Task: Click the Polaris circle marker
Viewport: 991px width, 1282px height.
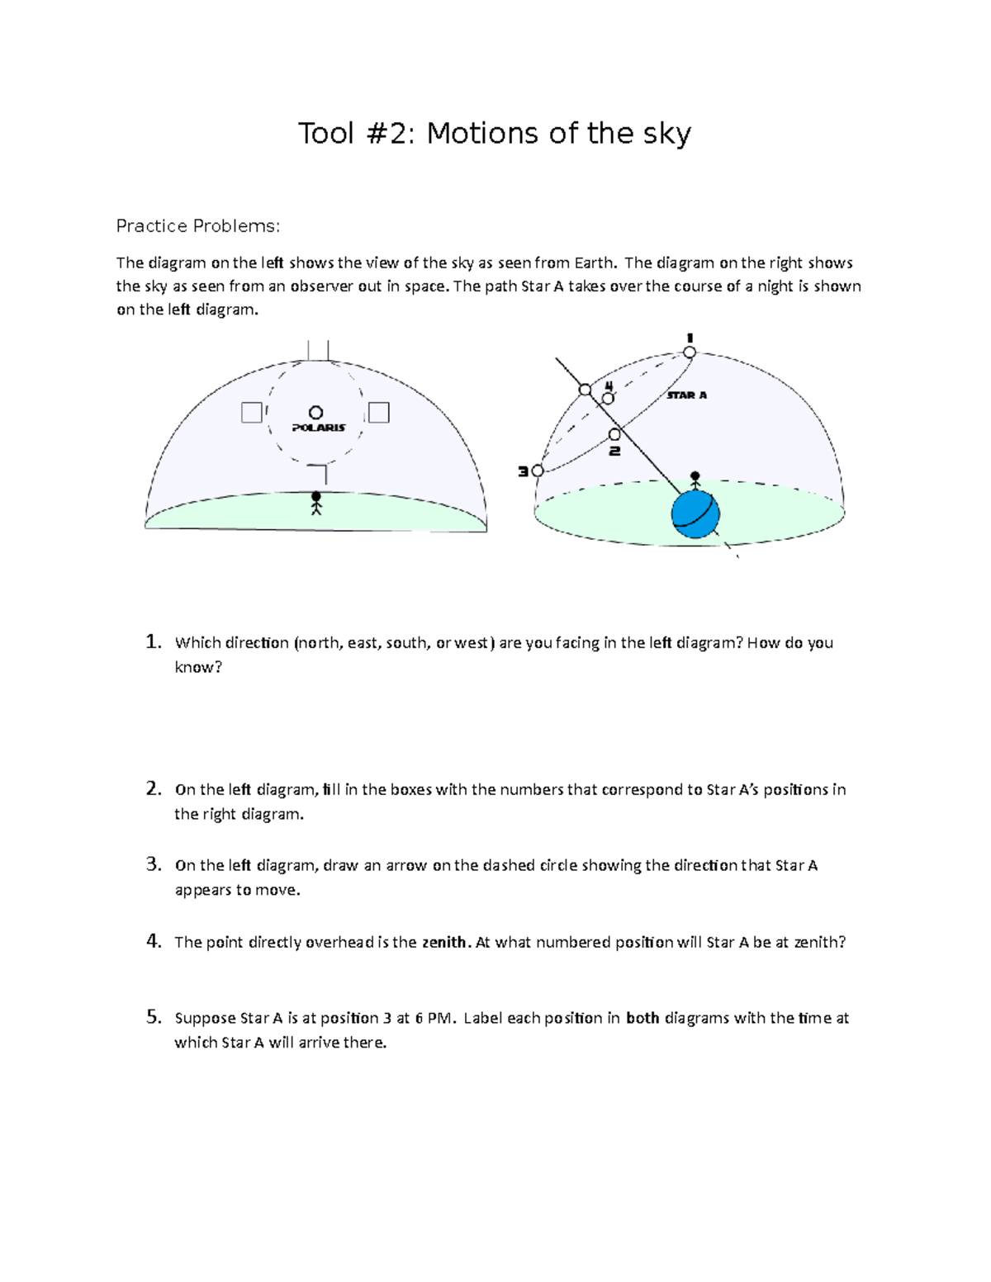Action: [x=315, y=412]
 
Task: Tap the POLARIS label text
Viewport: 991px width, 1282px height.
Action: [x=318, y=428]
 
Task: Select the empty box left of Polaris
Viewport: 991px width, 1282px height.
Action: [x=251, y=412]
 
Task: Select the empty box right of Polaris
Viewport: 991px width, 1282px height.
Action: [x=378, y=412]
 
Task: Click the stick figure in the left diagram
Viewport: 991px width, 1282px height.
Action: [x=315, y=503]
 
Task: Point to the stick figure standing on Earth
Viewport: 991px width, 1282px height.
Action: [x=695, y=482]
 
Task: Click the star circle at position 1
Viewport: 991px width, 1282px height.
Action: [x=689, y=352]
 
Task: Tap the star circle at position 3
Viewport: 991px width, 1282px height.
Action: [x=538, y=471]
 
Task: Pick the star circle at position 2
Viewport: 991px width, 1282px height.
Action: [x=614, y=434]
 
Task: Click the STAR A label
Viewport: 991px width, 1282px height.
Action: [x=686, y=395]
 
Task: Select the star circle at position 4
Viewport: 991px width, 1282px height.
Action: [x=608, y=398]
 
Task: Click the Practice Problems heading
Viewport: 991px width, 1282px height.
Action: [x=198, y=226]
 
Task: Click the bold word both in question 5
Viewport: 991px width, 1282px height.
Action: [x=642, y=1018]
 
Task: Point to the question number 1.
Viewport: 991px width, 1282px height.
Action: [x=153, y=641]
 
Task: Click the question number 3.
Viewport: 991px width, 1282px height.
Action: [x=153, y=864]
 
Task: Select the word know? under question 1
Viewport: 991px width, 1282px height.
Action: [x=198, y=667]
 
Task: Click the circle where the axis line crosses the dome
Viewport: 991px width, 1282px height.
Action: [x=585, y=389]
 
